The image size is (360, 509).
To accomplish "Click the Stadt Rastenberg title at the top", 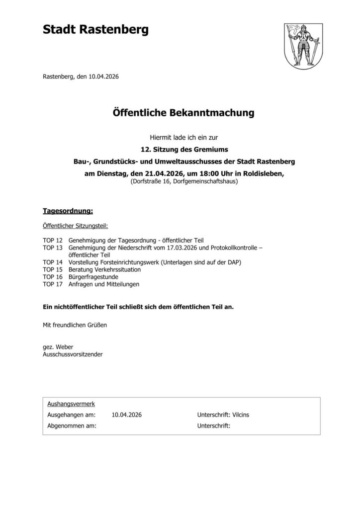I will tap(95, 31).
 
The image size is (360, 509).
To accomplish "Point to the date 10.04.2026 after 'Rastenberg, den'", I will tap(104, 77).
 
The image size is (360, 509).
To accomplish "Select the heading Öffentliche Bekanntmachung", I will tap(180, 113).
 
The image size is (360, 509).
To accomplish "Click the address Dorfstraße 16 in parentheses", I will tap(151, 182).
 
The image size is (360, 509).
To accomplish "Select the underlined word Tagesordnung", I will tap(68, 211).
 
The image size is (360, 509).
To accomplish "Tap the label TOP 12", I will tap(52, 240).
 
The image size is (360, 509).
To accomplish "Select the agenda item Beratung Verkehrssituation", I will tap(104, 269).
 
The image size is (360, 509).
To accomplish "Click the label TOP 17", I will tap(52, 284).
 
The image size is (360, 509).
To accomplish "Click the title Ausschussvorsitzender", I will tap(74, 354).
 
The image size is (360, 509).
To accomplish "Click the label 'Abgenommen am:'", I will tap(71, 425).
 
